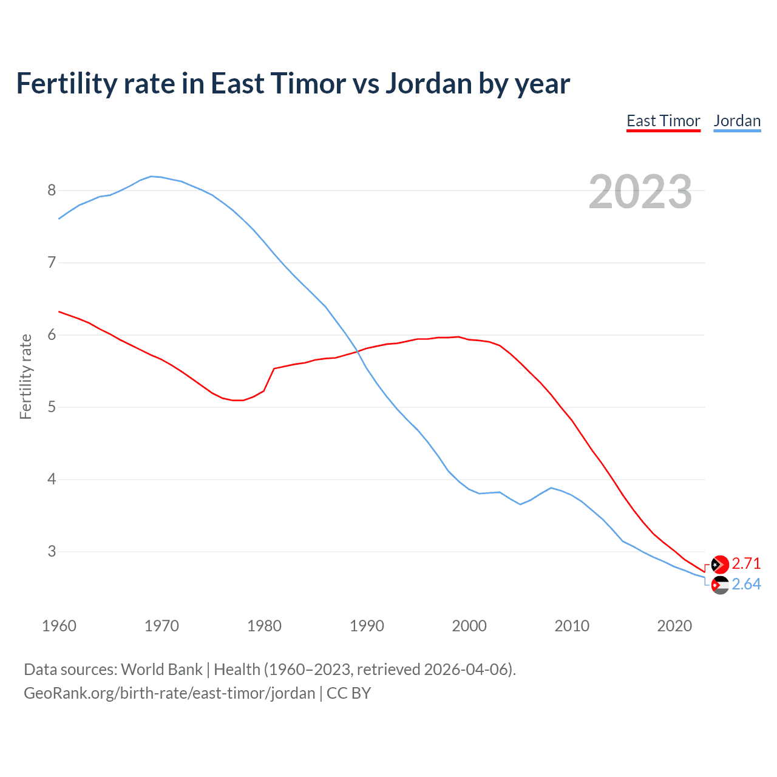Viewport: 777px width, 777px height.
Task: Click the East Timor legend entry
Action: pos(663,121)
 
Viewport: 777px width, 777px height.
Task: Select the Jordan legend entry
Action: pos(737,121)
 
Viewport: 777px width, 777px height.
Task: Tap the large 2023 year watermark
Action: pos(640,192)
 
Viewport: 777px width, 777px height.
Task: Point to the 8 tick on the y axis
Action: pos(52,191)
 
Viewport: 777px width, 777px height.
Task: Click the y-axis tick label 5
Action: pos(52,407)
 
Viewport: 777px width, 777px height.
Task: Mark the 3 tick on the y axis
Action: pos(52,552)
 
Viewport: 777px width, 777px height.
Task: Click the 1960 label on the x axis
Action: pos(59,626)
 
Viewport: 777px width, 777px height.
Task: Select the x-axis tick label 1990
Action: pos(367,626)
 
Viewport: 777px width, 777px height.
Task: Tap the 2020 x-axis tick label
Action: pos(674,626)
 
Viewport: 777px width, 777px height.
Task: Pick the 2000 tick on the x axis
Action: pos(469,626)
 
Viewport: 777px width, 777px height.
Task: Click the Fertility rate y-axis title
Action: pos(25,376)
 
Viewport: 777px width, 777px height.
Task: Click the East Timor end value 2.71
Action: pos(746,564)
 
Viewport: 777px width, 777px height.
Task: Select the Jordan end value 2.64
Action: pos(746,585)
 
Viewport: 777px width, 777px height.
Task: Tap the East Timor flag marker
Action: pos(719,565)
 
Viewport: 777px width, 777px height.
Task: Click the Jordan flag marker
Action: pos(719,585)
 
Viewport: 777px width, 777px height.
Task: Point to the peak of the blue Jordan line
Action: pos(152,176)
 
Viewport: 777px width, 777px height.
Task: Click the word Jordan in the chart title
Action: pos(429,84)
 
